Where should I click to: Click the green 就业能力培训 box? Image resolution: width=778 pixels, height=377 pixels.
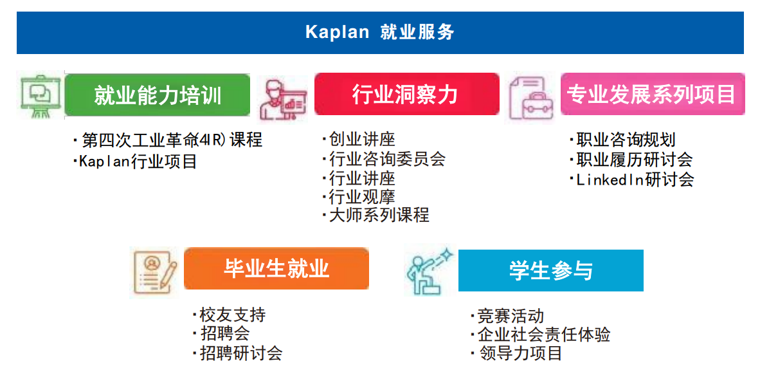(158, 95)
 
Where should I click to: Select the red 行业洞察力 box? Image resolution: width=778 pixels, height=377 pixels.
(407, 94)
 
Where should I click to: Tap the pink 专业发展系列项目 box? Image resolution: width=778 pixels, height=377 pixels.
(653, 94)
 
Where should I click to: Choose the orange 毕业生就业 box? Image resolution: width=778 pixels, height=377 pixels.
(276, 268)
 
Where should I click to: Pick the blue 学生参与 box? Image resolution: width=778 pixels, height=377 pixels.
(551, 270)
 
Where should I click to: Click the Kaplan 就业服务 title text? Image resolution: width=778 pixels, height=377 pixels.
(379, 32)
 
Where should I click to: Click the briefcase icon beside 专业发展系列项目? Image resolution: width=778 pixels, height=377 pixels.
(531, 98)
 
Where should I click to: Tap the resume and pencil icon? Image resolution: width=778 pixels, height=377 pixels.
(155, 272)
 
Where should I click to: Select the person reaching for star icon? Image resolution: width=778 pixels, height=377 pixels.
(430, 271)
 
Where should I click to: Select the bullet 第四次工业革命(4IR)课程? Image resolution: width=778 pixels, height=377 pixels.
(168, 140)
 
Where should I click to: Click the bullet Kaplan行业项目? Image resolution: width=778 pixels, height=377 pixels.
(135, 161)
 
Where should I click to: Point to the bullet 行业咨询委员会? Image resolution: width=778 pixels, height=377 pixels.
(384, 159)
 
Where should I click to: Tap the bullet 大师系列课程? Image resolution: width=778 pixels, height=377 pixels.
(375, 215)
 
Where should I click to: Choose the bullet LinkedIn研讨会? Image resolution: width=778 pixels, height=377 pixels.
(632, 179)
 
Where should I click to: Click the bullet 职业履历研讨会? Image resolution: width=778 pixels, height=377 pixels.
(631, 160)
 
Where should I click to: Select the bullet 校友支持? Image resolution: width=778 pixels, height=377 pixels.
(230, 315)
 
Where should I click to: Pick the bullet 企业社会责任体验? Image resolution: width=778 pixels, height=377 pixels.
(541, 335)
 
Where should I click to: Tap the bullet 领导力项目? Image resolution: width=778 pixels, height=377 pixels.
(516, 353)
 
